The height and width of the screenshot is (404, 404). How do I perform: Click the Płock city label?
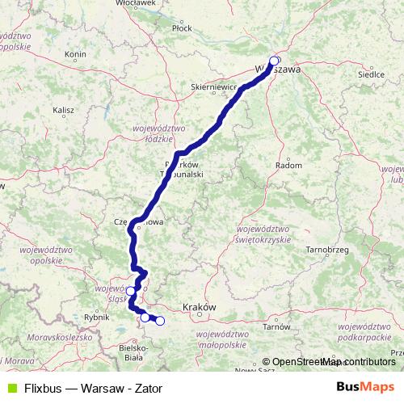click(x=182, y=27)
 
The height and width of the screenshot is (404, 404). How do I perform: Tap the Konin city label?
click(x=75, y=55)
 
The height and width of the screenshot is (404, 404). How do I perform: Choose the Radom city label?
click(x=288, y=165)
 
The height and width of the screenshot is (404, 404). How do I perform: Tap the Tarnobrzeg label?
click(x=326, y=251)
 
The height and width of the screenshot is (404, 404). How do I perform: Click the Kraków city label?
click(x=199, y=307)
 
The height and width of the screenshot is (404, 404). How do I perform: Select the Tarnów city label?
click(x=281, y=326)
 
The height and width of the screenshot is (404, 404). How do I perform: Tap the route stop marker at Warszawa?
click(x=274, y=61)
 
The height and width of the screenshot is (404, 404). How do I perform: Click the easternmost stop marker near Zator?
click(x=160, y=321)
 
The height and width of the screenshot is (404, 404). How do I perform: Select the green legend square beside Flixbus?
click(x=11, y=388)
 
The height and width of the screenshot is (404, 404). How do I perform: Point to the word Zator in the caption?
click(x=148, y=388)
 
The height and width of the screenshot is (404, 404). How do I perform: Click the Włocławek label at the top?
click(x=112, y=3)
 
